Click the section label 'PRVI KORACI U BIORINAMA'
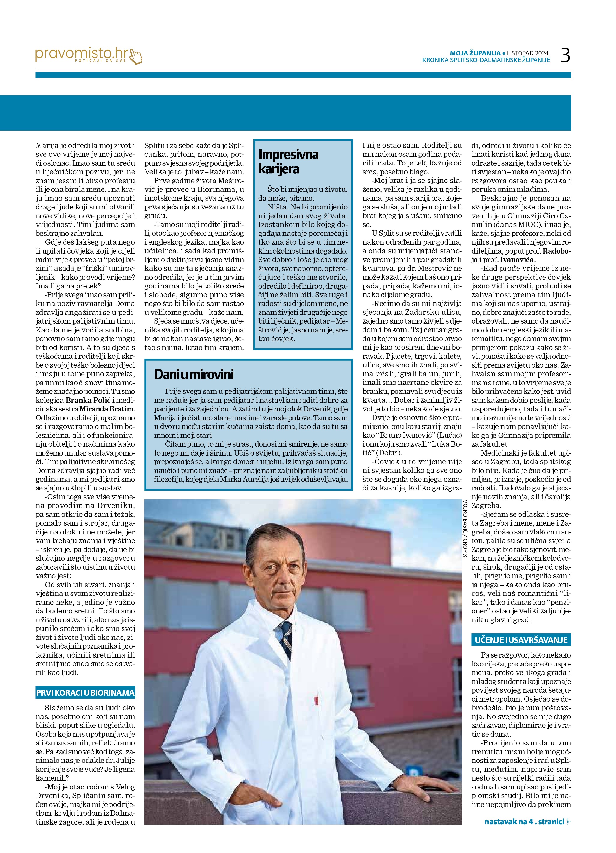85,692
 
